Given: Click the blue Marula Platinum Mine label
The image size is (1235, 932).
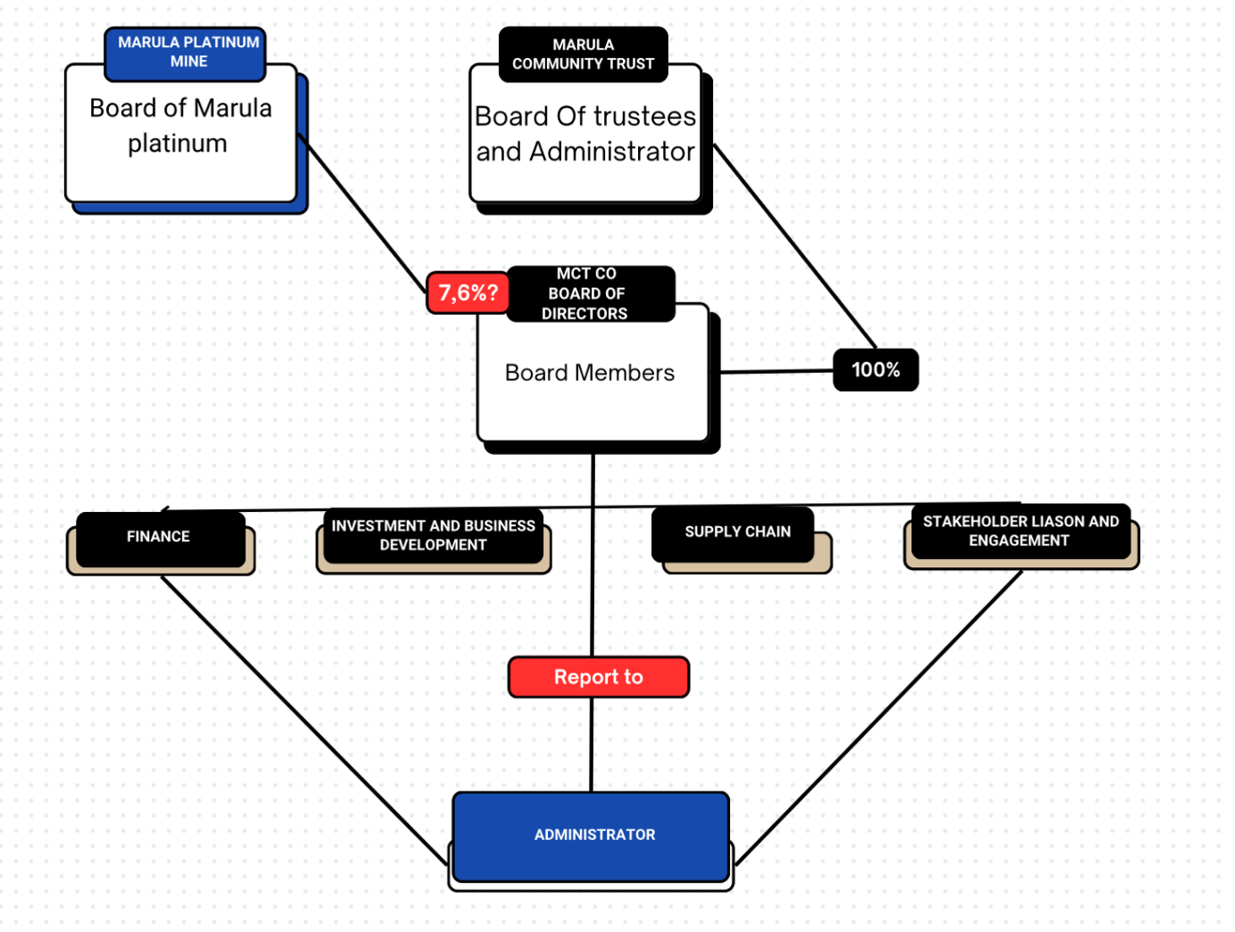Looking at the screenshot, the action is coord(185,54).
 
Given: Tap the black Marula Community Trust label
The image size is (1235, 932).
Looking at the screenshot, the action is coord(583,54).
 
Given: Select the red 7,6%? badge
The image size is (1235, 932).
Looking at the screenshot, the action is coord(468,293).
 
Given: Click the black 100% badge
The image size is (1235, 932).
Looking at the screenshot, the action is coord(874,369).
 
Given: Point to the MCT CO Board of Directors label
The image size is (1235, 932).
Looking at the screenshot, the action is coord(590,293).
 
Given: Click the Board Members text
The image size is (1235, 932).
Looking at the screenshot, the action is coord(589,373).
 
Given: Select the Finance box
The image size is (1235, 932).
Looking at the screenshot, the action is coord(161,540).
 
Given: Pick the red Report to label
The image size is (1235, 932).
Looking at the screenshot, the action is coord(598,677).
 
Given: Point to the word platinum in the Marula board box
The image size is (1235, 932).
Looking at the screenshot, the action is coord(178,144).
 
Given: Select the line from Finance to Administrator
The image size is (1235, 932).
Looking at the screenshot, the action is coord(304,721).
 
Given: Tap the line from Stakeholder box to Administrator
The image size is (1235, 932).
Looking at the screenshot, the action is coord(878,717).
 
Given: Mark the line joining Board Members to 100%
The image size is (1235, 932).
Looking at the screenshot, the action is coord(776,372).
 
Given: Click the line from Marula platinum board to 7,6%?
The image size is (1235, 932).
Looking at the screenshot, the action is coord(361,212).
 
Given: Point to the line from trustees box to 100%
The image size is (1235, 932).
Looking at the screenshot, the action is coord(794,246).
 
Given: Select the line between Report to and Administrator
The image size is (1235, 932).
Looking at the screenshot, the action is coord(591,745).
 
